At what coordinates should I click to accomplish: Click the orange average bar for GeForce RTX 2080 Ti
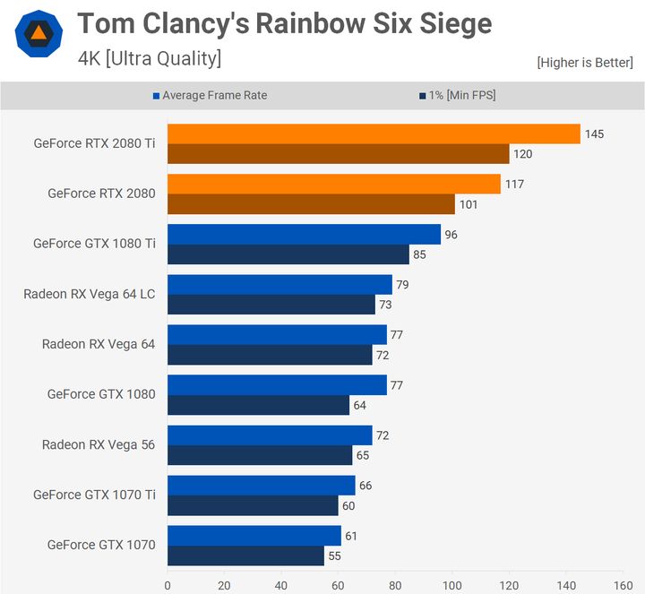point(374,133)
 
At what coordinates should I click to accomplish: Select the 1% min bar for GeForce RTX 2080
point(311,204)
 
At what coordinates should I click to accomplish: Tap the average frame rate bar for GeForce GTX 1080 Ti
point(304,234)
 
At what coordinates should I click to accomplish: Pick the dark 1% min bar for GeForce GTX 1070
point(245,555)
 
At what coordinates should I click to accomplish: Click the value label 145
point(595,134)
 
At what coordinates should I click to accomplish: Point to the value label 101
point(469,204)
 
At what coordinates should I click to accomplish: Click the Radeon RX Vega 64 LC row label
point(90,294)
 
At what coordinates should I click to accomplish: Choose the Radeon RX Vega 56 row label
point(99,444)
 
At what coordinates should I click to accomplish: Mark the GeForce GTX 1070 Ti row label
point(94,495)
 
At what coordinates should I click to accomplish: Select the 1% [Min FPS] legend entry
point(456,96)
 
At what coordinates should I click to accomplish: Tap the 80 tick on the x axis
point(395,585)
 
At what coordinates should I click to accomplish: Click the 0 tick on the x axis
point(168,585)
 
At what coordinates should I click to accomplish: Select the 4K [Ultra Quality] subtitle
point(150,59)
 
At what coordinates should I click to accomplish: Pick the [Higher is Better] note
point(585,63)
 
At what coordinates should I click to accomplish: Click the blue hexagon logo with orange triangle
point(39,34)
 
